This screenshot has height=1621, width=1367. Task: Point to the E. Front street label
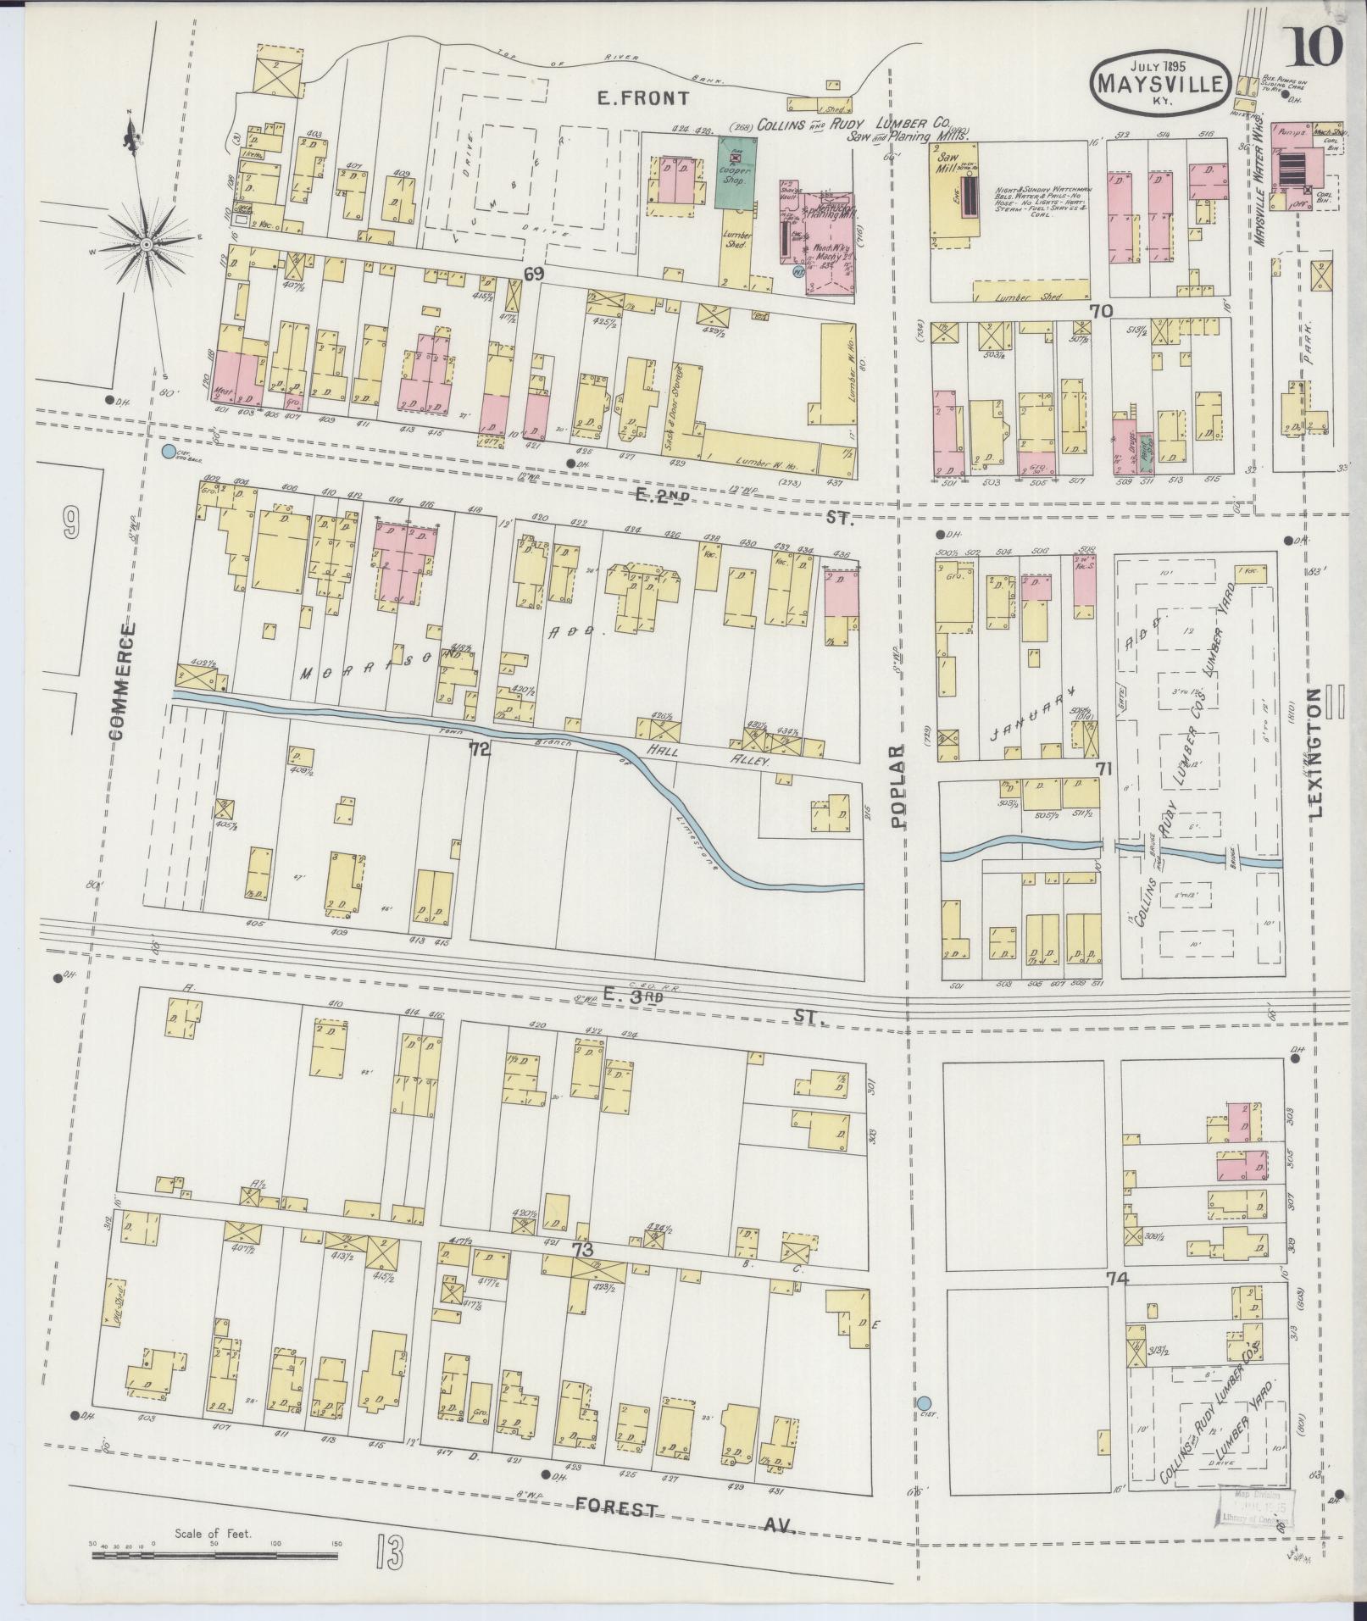click(642, 98)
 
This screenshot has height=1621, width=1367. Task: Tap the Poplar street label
click(899, 786)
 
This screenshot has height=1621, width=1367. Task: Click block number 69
click(532, 274)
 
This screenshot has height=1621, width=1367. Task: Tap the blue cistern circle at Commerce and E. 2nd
click(169, 450)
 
